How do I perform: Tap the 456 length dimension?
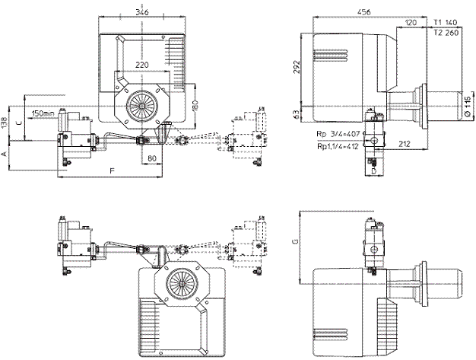click(364, 12)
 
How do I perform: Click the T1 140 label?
click(446, 23)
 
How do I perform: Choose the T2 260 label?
click(446, 33)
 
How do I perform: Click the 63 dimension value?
click(297, 115)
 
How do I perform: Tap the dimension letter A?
click(5, 154)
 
